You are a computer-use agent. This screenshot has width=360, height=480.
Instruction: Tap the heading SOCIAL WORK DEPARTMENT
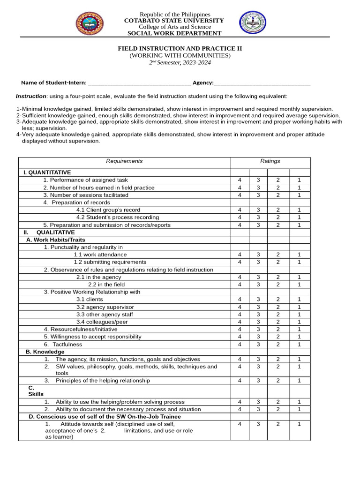click(174, 33)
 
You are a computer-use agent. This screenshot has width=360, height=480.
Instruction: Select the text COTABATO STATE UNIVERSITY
click(174, 21)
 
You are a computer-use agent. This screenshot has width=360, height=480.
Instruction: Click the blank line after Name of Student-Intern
click(139, 83)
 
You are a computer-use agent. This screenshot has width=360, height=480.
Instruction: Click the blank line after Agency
click(262, 83)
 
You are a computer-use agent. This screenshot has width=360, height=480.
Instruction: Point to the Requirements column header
click(124, 161)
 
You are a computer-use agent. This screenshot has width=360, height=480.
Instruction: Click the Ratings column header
click(270, 161)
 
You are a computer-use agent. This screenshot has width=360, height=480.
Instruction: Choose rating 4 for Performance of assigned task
click(240, 180)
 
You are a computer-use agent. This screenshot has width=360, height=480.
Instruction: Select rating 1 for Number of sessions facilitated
click(299, 195)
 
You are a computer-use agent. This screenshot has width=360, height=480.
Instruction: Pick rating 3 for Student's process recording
click(258, 217)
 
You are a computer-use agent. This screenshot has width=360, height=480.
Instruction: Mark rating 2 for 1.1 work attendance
click(277, 255)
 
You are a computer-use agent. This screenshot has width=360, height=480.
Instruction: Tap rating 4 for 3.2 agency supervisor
click(240, 307)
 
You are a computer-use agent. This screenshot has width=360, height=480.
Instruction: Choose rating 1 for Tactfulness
click(299, 345)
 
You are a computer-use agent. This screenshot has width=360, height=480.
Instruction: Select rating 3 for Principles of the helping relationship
click(258, 381)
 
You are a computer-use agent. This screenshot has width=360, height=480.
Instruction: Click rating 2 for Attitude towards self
click(277, 424)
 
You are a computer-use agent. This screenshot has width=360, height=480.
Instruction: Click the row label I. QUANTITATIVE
click(47, 172)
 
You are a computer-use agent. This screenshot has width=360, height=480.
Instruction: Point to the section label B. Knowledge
click(45, 352)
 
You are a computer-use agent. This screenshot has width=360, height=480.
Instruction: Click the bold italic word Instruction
click(31, 96)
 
